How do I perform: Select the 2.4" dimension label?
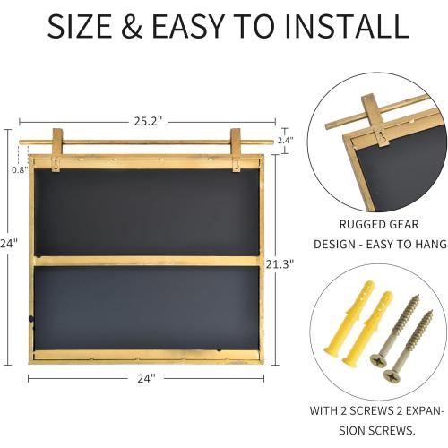point(285,141)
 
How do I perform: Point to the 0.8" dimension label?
point(19,168)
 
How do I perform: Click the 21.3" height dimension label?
point(280,263)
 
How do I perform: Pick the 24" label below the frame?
point(148,379)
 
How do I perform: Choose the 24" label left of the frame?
point(9,241)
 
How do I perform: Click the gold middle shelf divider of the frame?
point(148,260)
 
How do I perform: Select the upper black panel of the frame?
point(148,210)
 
